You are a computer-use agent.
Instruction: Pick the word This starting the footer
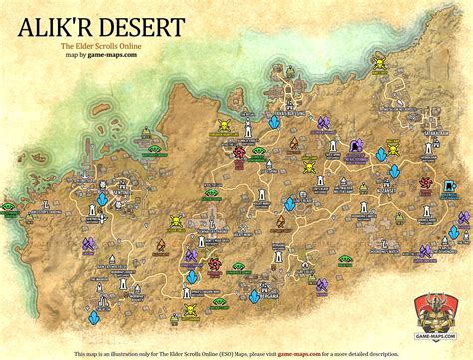[81, 353]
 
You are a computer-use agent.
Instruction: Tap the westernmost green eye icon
[8, 207]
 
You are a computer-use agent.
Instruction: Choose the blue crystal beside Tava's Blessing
[273, 121]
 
